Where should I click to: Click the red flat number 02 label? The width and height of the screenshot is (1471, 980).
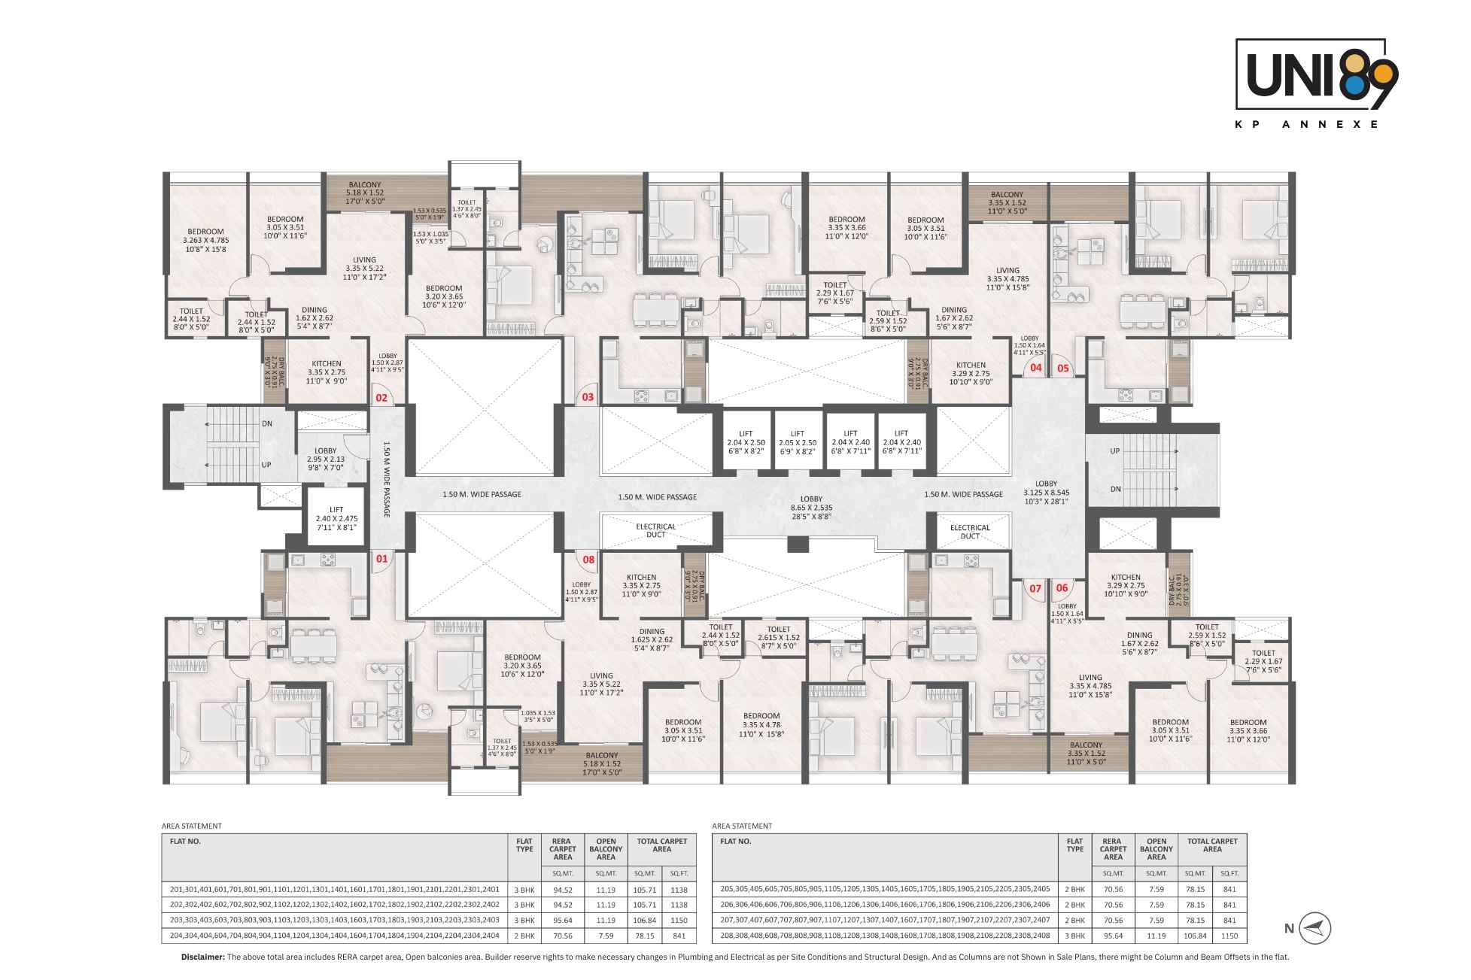[381, 397]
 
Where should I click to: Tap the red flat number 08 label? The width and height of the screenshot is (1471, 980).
[588, 560]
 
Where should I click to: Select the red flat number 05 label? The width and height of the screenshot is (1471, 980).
[1063, 369]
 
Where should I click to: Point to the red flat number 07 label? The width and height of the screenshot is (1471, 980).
[1035, 588]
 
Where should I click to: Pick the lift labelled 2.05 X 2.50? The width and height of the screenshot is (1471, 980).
[798, 443]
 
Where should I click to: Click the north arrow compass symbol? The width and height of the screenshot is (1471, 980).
[1315, 928]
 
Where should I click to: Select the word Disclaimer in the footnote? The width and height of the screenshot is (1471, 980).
[202, 957]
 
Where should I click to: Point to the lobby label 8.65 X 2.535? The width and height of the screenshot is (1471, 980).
[811, 508]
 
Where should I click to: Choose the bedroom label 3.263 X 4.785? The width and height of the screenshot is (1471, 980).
[205, 240]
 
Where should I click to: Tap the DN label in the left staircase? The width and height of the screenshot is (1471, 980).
[267, 423]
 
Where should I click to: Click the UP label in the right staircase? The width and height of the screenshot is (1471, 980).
[1115, 451]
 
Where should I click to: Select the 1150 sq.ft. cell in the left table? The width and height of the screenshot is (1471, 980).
[679, 920]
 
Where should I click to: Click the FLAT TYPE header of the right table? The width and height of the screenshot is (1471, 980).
[1074, 845]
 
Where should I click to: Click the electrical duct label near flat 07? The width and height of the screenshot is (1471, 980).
[970, 532]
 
